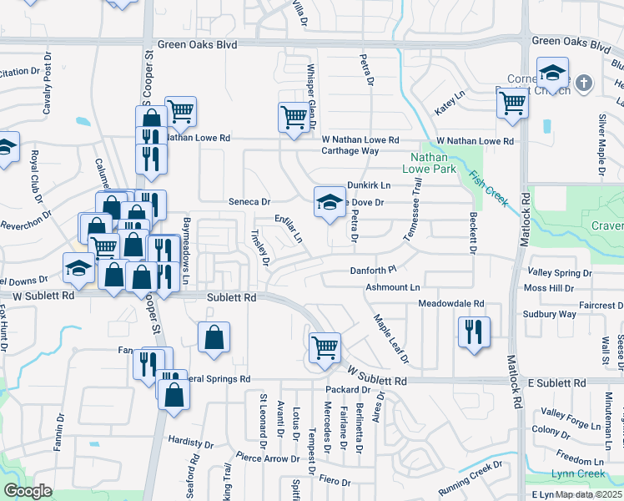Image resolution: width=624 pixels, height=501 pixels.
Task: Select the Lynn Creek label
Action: [577, 474]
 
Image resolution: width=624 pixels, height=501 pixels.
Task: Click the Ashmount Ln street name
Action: [392, 287]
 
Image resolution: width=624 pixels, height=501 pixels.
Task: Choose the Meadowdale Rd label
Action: [451, 303]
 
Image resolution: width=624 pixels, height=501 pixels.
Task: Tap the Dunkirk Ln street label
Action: [369, 185]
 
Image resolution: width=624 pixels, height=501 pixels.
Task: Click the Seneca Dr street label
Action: [250, 202]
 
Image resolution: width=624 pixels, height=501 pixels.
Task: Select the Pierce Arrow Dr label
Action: [267, 458]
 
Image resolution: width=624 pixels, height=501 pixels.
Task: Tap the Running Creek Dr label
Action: [470, 480]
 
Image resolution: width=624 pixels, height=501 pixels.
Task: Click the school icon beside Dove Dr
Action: [330, 202]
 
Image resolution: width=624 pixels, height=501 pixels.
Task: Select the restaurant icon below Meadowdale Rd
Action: [473, 331]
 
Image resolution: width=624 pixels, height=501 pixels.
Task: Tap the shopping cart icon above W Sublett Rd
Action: [325, 348]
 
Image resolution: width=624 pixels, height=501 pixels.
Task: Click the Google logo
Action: [28, 491]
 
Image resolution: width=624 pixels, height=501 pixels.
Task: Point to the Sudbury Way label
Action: [549, 314]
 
